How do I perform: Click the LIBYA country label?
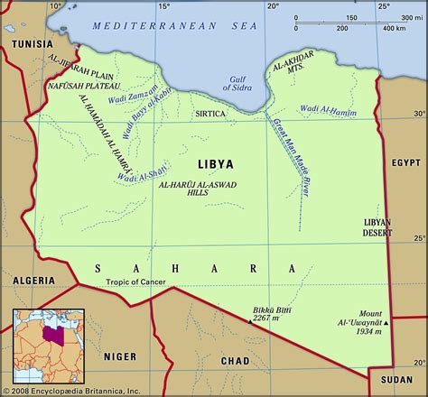(x=214, y=165)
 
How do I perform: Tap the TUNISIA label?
(x=30, y=42)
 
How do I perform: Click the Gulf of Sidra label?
(x=238, y=88)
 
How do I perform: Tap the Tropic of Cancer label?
(x=126, y=282)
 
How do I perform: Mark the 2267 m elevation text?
(x=265, y=316)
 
